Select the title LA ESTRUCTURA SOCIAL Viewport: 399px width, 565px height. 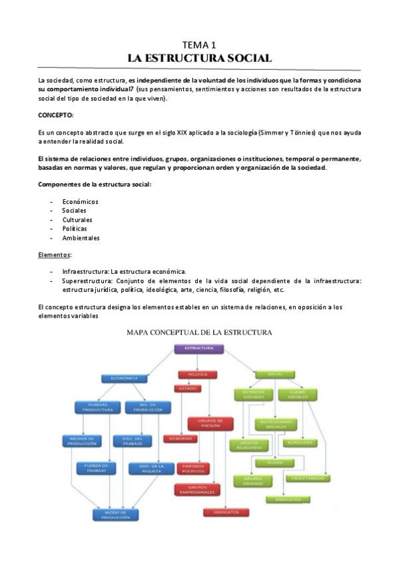click(x=199, y=58)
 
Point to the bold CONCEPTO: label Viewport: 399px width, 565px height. click(x=56, y=115)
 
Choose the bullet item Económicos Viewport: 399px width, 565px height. click(x=80, y=201)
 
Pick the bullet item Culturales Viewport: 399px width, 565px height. click(x=77, y=219)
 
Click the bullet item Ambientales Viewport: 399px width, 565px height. click(x=81, y=238)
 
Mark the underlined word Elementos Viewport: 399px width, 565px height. click(x=55, y=255)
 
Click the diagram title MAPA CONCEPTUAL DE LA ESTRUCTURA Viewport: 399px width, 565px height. click(x=199, y=331)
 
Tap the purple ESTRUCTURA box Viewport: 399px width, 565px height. click(x=198, y=348)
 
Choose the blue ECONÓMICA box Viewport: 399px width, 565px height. click(x=125, y=378)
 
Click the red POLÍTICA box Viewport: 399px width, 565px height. click(x=197, y=374)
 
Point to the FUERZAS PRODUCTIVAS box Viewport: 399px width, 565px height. click(x=97, y=407)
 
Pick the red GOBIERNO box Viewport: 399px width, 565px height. click(x=180, y=438)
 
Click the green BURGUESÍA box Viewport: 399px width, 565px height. click(x=300, y=442)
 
